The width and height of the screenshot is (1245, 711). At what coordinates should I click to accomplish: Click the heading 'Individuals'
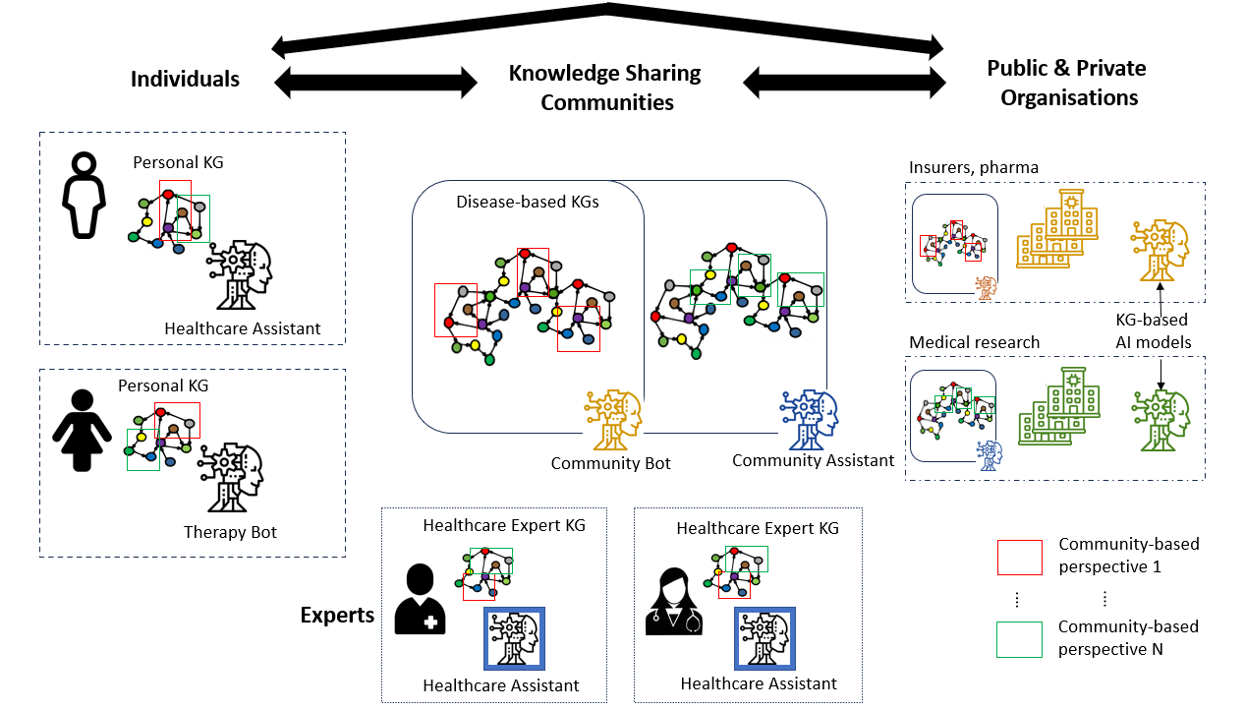185,79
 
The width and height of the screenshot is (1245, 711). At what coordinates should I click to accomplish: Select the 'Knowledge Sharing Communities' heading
605,88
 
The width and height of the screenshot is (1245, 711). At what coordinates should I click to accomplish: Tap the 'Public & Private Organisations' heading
1066,83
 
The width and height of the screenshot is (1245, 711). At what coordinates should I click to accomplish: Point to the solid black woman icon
81,431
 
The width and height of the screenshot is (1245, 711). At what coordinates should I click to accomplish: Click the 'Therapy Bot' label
230,532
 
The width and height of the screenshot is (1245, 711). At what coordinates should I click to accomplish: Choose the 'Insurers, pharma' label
973,167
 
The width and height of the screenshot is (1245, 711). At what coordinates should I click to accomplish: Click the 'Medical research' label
974,342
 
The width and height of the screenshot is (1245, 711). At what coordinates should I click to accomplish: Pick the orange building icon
1055,228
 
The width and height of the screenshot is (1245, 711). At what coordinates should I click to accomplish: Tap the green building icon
1057,405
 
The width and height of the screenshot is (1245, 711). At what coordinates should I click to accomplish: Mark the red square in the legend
1018,557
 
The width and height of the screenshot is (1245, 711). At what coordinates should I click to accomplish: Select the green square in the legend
1018,639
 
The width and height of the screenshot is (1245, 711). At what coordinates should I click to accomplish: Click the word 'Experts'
337,616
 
